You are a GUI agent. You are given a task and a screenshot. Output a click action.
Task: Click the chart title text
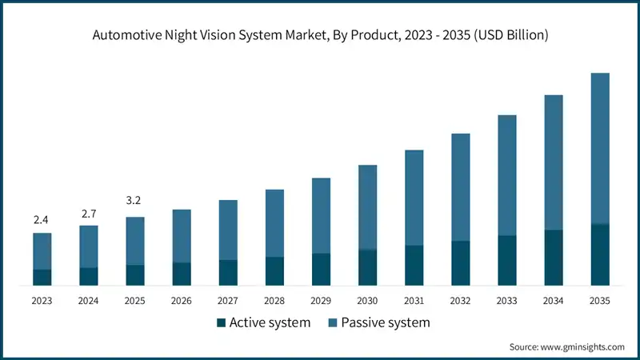[x=320, y=35]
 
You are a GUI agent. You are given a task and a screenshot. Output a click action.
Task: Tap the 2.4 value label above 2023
[x=42, y=219]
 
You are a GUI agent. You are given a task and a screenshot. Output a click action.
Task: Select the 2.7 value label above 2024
[x=88, y=213]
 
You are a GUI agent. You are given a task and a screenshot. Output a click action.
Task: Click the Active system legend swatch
[x=220, y=323]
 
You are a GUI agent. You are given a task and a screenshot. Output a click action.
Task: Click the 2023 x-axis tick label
[x=42, y=301]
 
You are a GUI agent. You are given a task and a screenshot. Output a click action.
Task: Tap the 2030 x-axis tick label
[x=367, y=301]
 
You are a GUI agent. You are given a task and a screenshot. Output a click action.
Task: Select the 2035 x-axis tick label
[x=600, y=301]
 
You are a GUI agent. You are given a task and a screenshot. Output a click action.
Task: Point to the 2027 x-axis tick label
[x=228, y=301]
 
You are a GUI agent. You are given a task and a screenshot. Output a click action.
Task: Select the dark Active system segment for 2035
[x=600, y=254]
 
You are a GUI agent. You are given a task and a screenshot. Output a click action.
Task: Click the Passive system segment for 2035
[x=600, y=148]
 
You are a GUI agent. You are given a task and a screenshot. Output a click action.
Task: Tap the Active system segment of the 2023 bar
[x=42, y=277]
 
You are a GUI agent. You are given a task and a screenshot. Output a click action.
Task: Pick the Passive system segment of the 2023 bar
[x=42, y=251]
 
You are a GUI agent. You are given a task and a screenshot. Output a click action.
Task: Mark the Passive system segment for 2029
[x=321, y=215]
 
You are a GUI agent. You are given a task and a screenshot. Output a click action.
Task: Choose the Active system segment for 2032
[x=460, y=262]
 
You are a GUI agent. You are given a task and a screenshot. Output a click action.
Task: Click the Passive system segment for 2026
[x=182, y=236]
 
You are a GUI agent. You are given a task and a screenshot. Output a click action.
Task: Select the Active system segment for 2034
[x=554, y=257]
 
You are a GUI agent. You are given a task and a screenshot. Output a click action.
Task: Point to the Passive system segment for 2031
[x=414, y=198]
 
